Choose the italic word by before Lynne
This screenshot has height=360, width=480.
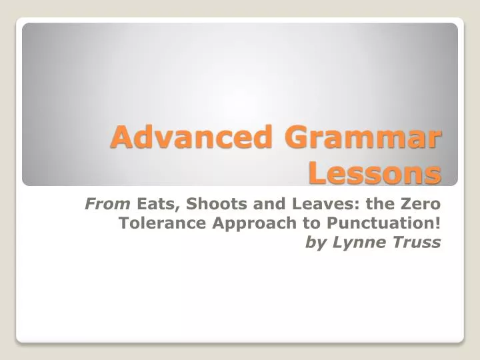click(315, 243)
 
